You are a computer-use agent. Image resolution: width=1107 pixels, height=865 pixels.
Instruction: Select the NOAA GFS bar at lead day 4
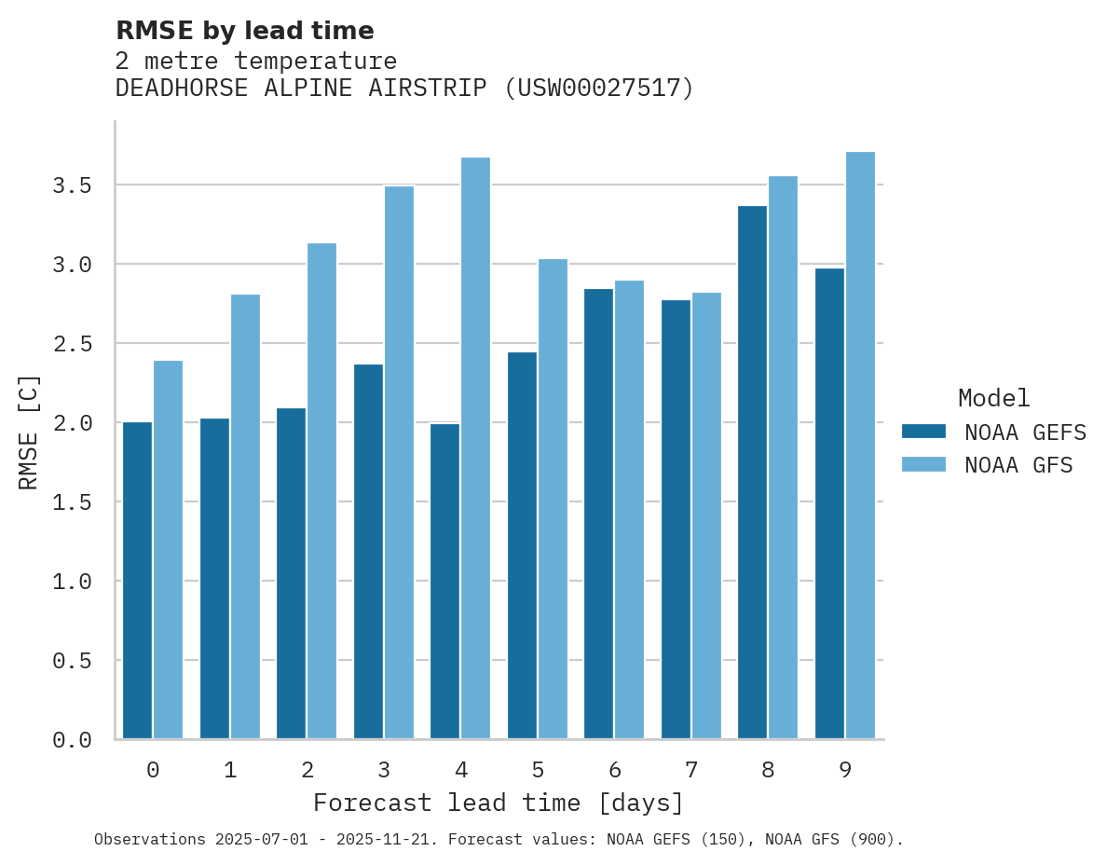tap(475, 447)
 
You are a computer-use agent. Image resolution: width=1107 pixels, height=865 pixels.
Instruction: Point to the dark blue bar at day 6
tap(598, 514)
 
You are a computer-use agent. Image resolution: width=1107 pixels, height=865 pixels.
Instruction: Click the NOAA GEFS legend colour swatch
tap(923, 432)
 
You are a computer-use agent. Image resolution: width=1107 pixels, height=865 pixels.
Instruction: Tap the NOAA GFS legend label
tap(1018, 465)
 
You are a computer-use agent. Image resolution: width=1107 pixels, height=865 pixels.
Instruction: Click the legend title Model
tap(993, 399)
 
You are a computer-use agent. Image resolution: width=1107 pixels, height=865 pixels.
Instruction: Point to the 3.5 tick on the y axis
tap(72, 185)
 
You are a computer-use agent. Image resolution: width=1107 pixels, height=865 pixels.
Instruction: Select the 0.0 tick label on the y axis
tap(72, 740)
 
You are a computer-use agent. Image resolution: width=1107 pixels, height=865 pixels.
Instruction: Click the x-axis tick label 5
tap(538, 770)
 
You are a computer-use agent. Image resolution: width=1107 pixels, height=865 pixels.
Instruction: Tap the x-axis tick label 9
tap(845, 770)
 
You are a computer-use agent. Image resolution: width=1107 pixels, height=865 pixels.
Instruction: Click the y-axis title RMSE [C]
tap(29, 432)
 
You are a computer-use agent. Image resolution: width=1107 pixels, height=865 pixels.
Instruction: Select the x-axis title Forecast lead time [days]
tap(499, 803)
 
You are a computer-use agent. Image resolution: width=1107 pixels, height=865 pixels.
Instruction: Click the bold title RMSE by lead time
tap(244, 31)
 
